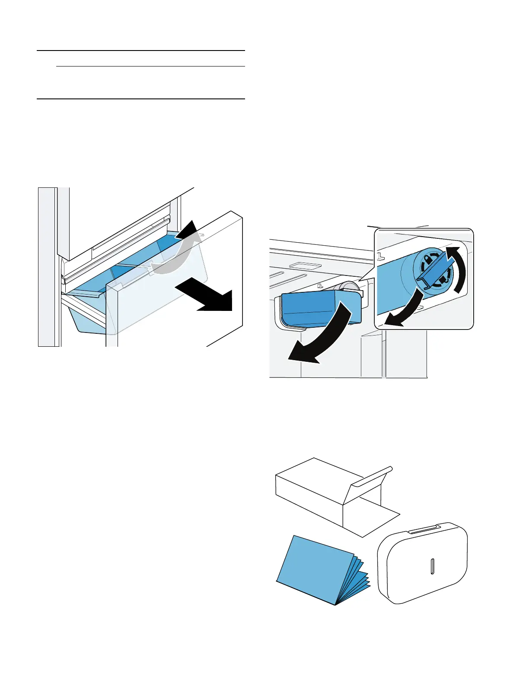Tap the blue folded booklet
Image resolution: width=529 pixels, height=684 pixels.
(x=320, y=570)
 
